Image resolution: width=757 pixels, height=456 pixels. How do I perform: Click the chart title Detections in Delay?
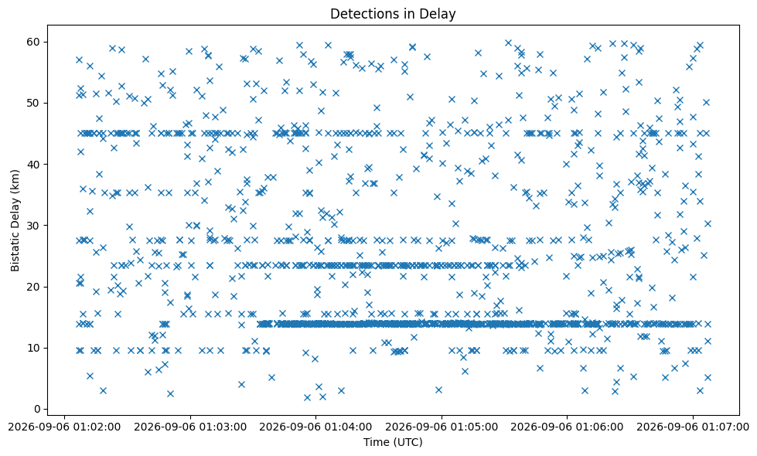click(x=393, y=14)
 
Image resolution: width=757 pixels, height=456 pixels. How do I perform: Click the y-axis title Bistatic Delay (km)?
click(x=15, y=220)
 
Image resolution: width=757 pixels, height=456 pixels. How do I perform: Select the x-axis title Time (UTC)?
click(x=393, y=442)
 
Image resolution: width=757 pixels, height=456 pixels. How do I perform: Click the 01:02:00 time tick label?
click(x=65, y=427)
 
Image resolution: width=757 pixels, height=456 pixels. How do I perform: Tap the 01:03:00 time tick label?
click(x=190, y=427)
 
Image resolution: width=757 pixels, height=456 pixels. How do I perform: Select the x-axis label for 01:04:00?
click(x=315, y=427)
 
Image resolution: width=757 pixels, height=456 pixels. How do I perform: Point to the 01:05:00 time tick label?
click(x=442, y=427)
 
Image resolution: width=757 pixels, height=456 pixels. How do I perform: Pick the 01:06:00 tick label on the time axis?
click(x=568, y=427)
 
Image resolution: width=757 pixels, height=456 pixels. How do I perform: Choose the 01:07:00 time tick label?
click(x=693, y=427)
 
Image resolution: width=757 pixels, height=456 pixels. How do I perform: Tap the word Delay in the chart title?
click(x=440, y=15)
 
